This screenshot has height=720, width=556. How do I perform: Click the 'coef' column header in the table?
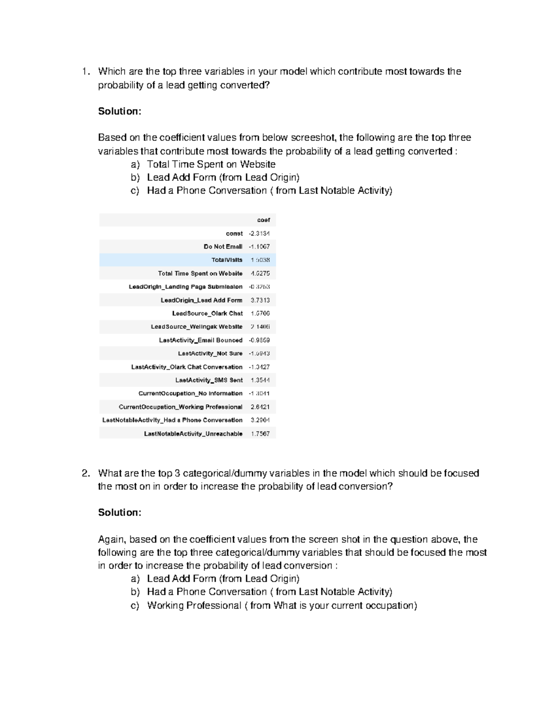263,220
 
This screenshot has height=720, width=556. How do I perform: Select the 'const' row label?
234,233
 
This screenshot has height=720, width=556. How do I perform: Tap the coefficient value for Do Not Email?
259,247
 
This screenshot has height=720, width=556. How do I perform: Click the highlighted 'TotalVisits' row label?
227,260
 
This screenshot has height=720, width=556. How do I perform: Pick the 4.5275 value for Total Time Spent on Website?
260,274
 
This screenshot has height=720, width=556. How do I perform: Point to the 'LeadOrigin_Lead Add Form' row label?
202,300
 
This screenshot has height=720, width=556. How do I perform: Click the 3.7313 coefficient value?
260,300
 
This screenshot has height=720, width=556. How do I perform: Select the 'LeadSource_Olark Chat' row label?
207,313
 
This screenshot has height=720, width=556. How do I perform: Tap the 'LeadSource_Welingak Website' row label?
196,327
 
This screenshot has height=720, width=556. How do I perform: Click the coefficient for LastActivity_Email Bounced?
259,340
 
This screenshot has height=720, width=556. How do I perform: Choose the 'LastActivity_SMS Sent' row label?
208,380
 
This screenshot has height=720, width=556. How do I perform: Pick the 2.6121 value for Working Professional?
260,407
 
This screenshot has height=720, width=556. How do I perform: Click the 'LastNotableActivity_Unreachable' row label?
193,433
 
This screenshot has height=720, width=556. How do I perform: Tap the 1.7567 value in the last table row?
260,433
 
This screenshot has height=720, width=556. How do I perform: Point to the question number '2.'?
85,473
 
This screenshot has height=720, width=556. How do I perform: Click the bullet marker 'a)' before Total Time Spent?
135,165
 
